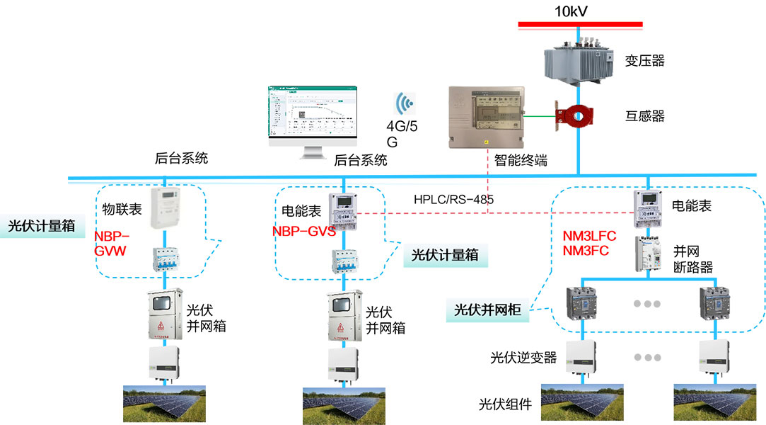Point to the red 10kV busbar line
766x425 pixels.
(x=580, y=24)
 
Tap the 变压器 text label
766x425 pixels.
(x=644, y=61)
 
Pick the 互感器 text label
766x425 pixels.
(x=644, y=116)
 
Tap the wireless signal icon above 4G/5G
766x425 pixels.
(x=405, y=104)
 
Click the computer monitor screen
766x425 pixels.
(x=312, y=113)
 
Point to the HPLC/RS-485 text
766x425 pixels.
(x=453, y=200)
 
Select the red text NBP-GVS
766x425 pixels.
(x=303, y=232)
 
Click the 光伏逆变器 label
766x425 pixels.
(x=523, y=358)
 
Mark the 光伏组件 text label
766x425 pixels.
(x=505, y=404)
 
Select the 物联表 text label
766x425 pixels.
(x=122, y=209)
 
